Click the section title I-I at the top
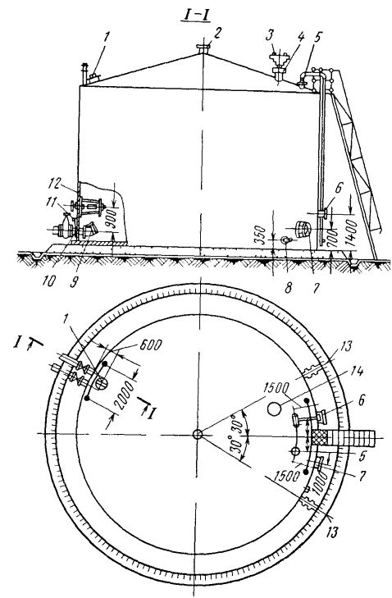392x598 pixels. point(195,16)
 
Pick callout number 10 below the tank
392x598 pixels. point(50,281)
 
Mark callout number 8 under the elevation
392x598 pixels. point(288,287)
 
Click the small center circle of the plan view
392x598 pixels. point(197,434)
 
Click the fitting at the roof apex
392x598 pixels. point(203,48)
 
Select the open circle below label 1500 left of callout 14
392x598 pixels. point(274,409)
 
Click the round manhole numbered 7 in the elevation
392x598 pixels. point(303,229)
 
